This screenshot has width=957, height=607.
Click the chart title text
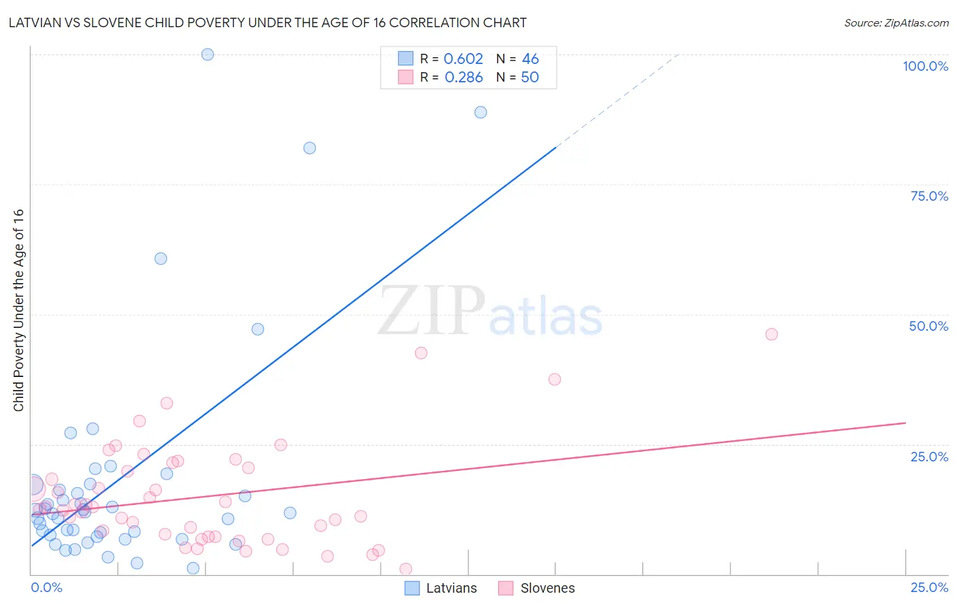tap(267, 23)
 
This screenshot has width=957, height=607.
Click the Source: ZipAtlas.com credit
tap(896, 23)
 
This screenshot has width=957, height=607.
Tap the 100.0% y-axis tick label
tap(925, 66)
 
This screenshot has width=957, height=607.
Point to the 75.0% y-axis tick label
tap(929, 196)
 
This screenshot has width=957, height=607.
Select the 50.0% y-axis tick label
tap(928, 326)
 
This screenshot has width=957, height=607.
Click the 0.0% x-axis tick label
tap(46, 587)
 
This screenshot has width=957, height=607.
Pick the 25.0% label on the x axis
tap(929, 587)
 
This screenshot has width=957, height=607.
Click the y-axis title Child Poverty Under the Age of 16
tap(19, 310)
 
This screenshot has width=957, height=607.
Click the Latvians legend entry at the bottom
tap(440, 588)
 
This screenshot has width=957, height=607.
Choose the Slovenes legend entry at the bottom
tap(536, 588)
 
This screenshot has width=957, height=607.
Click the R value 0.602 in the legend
tap(463, 59)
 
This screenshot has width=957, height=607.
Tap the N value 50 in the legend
tap(530, 78)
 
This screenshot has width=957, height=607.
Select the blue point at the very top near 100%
tap(208, 54)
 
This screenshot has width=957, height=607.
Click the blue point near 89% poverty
tap(481, 112)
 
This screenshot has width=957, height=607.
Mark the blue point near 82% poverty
tap(310, 148)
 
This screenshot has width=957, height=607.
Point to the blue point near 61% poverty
tap(161, 259)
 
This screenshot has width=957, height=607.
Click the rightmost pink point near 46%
tap(771, 334)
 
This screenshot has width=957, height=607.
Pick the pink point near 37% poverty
tap(555, 379)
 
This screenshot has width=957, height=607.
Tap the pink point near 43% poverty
tap(421, 352)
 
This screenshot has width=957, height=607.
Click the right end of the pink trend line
tap(905, 423)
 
